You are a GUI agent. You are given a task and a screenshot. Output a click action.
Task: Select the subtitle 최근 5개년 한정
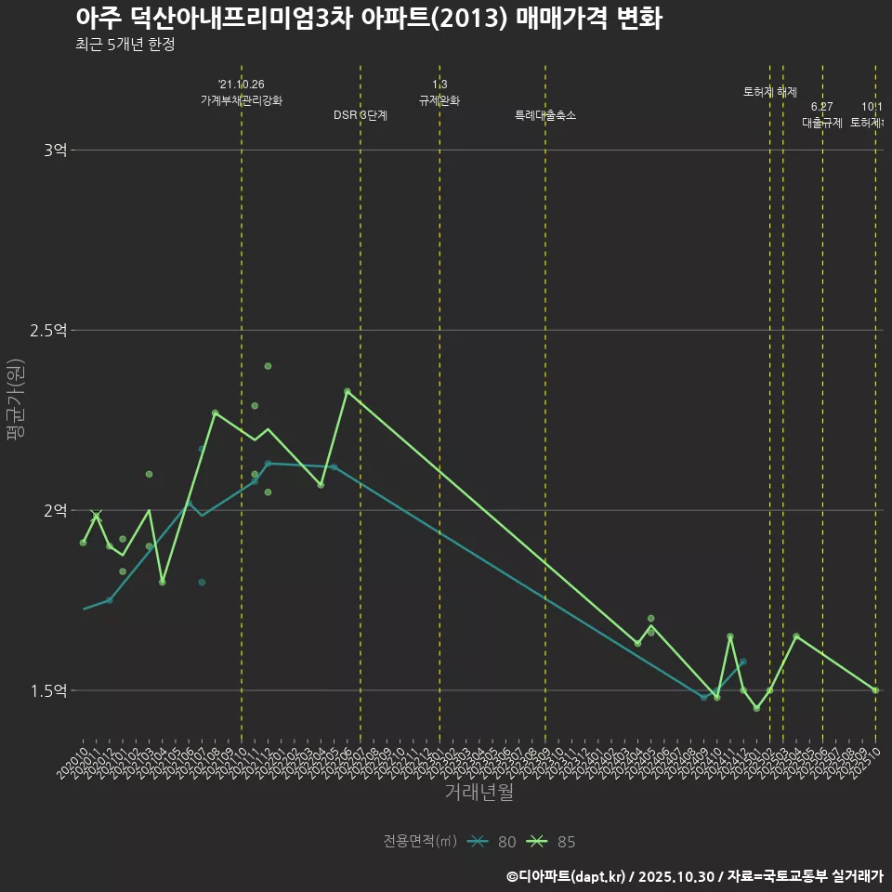[x=125, y=45]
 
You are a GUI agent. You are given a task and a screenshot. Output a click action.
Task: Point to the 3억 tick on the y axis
[x=56, y=151]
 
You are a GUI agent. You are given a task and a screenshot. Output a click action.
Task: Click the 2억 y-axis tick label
[x=56, y=511]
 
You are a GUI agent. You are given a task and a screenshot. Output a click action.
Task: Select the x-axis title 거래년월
[x=479, y=793]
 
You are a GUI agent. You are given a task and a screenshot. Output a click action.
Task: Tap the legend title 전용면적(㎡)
[x=419, y=842]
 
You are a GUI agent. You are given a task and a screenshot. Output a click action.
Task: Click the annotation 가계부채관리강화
[x=242, y=100]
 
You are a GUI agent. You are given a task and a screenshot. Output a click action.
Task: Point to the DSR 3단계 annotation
[x=361, y=115]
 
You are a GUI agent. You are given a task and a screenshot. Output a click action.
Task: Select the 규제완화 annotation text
[x=439, y=100]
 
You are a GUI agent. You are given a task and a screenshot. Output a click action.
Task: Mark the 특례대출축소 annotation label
[x=545, y=115]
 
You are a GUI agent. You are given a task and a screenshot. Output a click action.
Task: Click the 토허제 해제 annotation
[x=770, y=92]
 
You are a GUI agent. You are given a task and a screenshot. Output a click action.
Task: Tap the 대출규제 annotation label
[x=822, y=123]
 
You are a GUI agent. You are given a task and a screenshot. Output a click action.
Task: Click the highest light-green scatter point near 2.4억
[x=268, y=366]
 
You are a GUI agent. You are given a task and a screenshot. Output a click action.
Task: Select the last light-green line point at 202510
[x=875, y=690]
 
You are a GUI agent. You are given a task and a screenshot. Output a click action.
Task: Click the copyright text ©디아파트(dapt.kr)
[x=567, y=876]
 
